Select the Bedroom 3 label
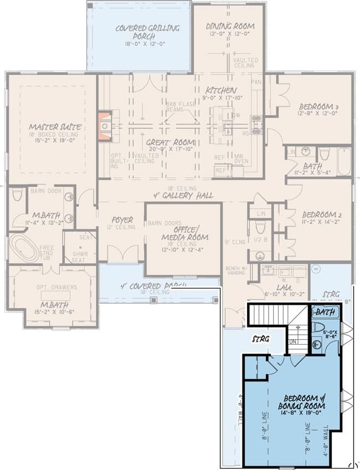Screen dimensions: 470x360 (x=318, y=106)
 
